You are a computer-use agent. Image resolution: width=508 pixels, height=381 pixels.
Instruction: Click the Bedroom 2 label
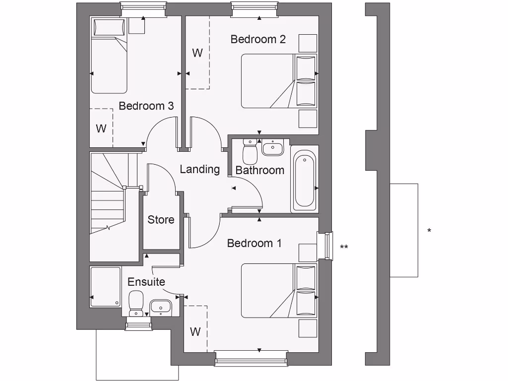(x=258, y=39)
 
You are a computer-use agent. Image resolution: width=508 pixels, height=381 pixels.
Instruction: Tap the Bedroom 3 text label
(x=146, y=106)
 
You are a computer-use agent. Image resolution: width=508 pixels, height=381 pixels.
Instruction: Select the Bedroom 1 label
(x=254, y=243)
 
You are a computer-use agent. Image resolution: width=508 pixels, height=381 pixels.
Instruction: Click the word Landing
(x=199, y=169)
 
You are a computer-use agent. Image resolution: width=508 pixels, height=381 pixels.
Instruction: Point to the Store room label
(x=161, y=219)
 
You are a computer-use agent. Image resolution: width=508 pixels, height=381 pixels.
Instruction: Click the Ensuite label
(x=146, y=282)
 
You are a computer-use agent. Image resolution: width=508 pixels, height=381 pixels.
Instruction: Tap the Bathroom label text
(x=259, y=170)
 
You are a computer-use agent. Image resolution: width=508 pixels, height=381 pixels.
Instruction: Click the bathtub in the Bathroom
(x=304, y=180)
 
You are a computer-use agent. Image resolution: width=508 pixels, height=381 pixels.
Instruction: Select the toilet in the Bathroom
(x=250, y=151)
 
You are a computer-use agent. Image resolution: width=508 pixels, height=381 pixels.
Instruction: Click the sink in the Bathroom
(x=272, y=148)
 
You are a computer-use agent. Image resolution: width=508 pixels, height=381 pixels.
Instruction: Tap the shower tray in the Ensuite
(x=106, y=287)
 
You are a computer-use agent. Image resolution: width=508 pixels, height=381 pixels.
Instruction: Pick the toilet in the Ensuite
(x=136, y=303)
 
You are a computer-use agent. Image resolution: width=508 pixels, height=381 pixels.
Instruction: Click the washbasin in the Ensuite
(x=160, y=307)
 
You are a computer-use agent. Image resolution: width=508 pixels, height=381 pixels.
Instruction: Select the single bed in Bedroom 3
(x=109, y=56)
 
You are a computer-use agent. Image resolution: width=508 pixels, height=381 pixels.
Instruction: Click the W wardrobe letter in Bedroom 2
(x=197, y=53)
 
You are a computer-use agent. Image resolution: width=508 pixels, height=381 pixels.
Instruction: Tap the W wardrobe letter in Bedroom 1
(x=195, y=331)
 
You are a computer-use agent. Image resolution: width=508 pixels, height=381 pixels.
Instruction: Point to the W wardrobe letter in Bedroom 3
(x=101, y=128)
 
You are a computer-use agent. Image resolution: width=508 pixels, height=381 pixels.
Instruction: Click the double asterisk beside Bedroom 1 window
(x=344, y=247)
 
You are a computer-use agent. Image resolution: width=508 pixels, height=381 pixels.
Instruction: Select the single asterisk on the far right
(x=429, y=231)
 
